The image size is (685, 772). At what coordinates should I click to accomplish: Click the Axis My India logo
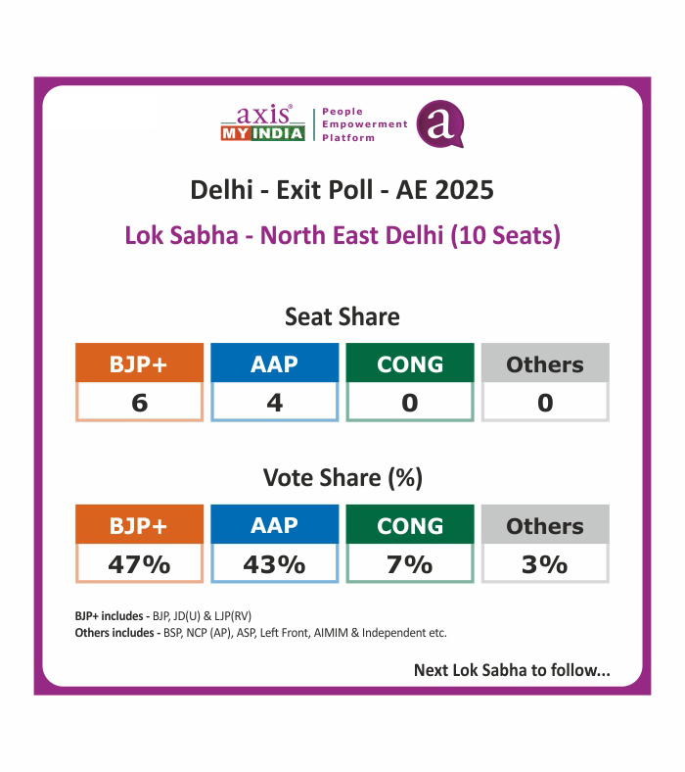[x=262, y=124]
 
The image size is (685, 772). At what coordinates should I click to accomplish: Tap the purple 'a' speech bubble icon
[x=439, y=124]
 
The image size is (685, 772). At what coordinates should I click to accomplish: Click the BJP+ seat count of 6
[x=139, y=402]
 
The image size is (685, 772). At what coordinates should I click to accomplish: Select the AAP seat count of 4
[x=275, y=402]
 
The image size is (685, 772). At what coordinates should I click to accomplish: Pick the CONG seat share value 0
[x=410, y=402]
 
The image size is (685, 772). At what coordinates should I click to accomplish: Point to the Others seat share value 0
[x=545, y=402]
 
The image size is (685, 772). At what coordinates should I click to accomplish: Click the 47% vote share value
[x=139, y=564]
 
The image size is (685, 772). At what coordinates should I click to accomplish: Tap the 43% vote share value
[x=275, y=564]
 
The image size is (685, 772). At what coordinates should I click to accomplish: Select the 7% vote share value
[x=410, y=564]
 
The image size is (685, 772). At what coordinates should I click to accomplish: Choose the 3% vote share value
[x=545, y=564]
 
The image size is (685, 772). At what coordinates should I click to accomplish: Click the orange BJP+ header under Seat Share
[x=139, y=363]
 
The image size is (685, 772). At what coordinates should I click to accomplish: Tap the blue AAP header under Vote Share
[x=275, y=525]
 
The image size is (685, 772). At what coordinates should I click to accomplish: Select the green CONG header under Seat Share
[x=410, y=363]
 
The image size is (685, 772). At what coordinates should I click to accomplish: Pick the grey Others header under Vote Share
[x=545, y=525]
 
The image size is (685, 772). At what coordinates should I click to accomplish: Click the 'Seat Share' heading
[x=342, y=317]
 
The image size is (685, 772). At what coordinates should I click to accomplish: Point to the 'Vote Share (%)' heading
[x=342, y=478]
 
